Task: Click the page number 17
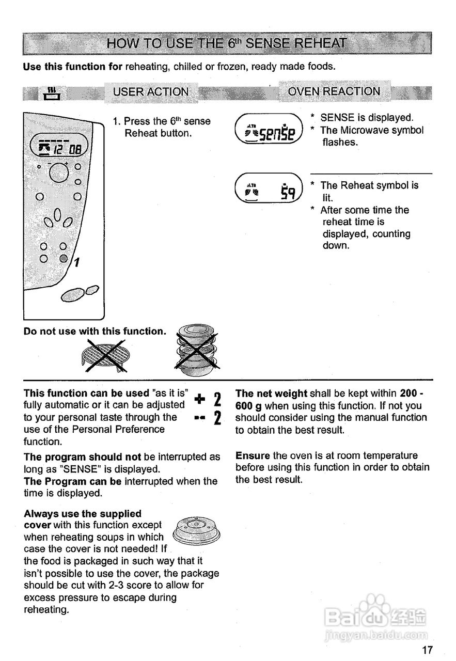tap(427, 650)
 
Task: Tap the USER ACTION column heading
tap(151, 92)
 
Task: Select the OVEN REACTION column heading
tap(334, 91)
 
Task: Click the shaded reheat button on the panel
tap(63, 258)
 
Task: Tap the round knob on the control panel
tap(58, 172)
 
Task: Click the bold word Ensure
tap(253, 455)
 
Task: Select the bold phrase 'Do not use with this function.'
tap(95, 331)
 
